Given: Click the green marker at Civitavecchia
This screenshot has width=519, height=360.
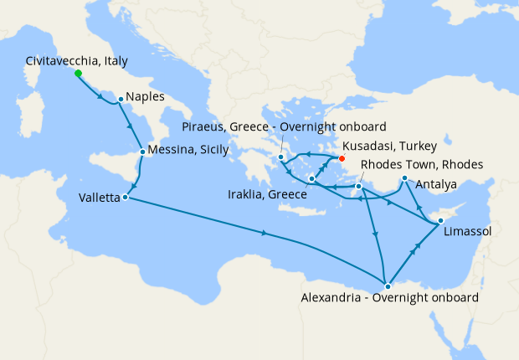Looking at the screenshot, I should point(78,73).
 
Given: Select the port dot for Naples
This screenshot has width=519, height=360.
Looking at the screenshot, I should point(121,99).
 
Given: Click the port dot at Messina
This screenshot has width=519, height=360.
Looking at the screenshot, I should point(143,152).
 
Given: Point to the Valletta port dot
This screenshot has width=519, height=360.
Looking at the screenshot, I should point(125,198).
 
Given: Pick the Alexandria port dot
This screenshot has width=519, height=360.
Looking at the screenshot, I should point(387,286).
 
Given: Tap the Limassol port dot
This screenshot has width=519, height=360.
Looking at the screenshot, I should point(439,221).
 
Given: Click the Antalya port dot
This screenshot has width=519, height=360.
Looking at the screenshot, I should point(403,178).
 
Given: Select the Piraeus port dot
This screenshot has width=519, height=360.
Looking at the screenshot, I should point(281,157).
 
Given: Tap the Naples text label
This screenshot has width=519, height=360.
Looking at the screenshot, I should point(146,98).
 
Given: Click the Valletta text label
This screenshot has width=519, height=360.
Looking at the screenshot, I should point(99,198).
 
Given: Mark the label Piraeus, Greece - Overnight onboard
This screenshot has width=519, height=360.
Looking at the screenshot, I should point(284,127).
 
